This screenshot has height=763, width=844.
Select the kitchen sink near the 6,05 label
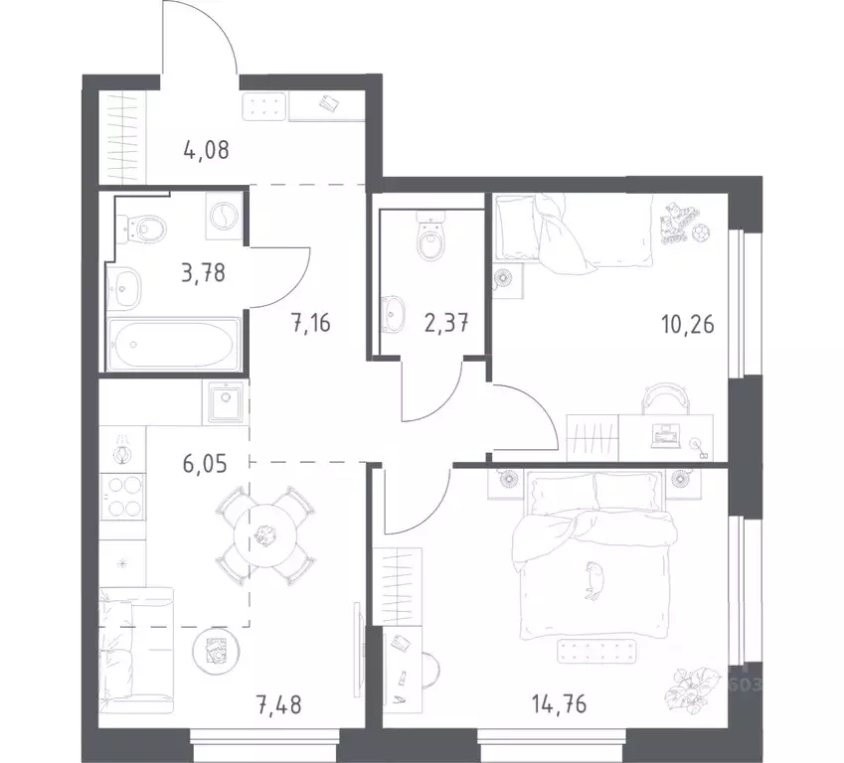point(223,403)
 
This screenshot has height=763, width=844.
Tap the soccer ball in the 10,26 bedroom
point(700,232)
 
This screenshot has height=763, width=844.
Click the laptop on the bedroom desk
point(663,434)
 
